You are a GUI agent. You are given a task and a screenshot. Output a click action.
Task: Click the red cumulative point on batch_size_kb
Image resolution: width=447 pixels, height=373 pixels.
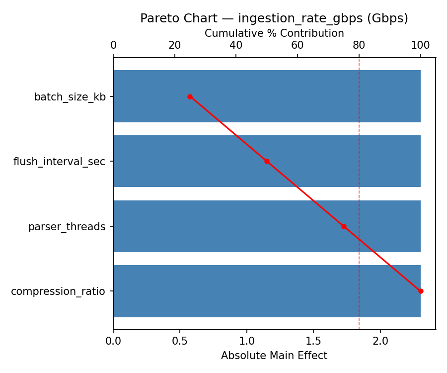coord(190,96)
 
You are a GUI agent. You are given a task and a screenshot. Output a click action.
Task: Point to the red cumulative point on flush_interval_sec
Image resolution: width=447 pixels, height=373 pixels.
coord(267,161)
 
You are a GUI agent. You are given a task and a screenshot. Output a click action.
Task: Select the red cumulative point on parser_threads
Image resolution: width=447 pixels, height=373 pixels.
coord(344,226)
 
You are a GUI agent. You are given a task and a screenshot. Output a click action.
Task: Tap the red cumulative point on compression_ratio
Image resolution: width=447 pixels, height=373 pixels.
coord(421,291)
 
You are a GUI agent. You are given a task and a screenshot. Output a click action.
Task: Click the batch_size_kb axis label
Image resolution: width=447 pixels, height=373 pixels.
coord(70,97)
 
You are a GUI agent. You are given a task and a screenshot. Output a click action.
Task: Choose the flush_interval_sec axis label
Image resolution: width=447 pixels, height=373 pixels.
coord(59,162)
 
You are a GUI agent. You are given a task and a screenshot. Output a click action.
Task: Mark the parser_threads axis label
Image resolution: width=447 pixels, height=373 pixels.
coord(67,227)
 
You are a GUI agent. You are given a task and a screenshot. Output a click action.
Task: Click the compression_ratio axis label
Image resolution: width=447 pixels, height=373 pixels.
coord(58,291)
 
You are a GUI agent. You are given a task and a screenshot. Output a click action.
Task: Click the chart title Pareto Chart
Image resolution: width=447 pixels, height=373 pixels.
coord(274,18)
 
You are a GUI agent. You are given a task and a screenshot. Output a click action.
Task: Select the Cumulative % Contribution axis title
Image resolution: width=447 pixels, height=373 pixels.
coord(274,33)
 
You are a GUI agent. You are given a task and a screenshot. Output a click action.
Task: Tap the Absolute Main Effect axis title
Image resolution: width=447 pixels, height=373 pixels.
coord(274,356)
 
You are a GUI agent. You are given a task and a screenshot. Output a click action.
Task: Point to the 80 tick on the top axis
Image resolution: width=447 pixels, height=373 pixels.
coord(359,45)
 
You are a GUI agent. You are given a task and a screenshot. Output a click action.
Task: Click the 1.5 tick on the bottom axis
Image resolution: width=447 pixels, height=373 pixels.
coord(313,342)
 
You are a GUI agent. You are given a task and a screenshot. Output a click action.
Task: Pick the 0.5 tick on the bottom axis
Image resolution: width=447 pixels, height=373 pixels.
coord(180,342)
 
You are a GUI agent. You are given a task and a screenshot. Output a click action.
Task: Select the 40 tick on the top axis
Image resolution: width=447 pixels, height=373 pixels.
coord(236,45)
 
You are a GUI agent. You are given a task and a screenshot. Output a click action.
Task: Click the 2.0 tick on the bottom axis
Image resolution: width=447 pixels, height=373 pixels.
coord(380,342)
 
